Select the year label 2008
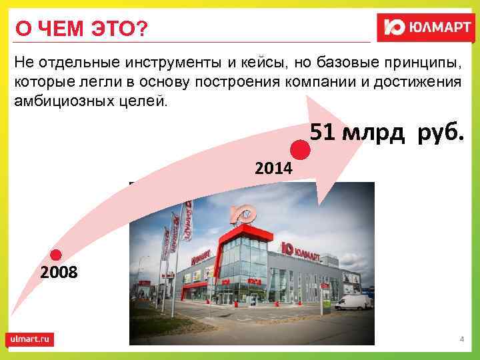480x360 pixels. (x=59, y=273)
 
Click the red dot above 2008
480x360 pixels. (x=57, y=255)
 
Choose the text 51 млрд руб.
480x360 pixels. (x=386, y=133)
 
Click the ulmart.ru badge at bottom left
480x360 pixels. (x=30, y=339)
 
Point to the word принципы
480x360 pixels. (x=419, y=63)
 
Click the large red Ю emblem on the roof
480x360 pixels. (x=243, y=214)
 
